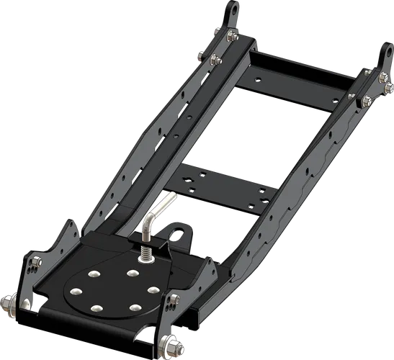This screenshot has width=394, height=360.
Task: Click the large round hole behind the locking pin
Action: (x=175, y=233)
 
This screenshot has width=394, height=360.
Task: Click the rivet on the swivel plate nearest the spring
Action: (x=132, y=274)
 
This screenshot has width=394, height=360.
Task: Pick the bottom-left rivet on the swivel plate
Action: (x=95, y=308)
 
